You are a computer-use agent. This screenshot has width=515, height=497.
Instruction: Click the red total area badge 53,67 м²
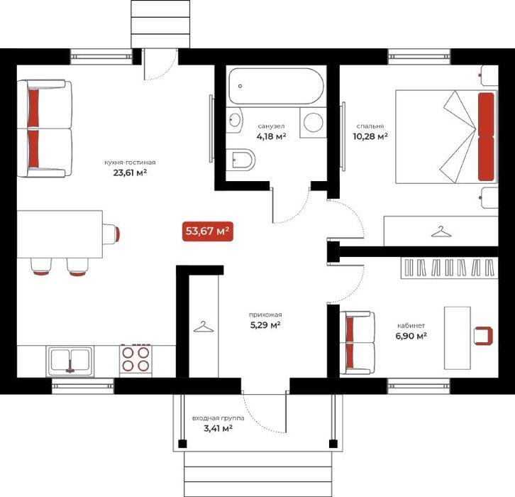pyautogui.click(x=208, y=231)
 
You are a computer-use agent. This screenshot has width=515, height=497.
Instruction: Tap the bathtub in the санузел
pyautogui.click(x=276, y=86)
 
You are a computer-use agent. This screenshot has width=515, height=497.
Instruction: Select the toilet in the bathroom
pyautogui.click(x=240, y=160)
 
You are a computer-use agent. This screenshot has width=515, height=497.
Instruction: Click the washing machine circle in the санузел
pyautogui.click(x=314, y=122)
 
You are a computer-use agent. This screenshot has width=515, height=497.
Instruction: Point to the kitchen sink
pyautogui.click(x=70, y=361)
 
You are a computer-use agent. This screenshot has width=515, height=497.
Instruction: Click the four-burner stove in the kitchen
pyautogui.click(x=135, y=359)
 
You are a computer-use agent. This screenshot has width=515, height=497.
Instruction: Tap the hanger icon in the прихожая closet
pyautogui.click(x=204, y=327)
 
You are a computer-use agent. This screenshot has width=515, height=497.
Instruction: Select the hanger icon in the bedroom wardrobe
pyautogui.click(x=441, y=231)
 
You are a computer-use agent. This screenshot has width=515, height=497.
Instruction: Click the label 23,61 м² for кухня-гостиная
pyautogui.click(x=130, y=173)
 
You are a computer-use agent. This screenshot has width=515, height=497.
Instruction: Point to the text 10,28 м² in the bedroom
pyautogui.click(x=370, y=136)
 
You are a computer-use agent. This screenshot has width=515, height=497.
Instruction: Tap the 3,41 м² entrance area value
pyautogui.click(x=218, y=429)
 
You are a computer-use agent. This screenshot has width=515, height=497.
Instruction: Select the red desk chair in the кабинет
pyautogui.click(x=484, y=336)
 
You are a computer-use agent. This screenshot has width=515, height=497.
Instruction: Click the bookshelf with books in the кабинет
pyautogui.click(x=450, y=268)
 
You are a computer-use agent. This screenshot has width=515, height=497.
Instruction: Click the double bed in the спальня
pyautogui.click(x=447, y=137)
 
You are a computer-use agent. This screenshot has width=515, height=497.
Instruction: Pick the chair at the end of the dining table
pyautogui.click(x=111, y=234)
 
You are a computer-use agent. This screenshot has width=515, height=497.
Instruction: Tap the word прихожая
pyautogui.click(x=265, y=315)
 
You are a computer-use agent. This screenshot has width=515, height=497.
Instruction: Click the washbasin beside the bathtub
pyautogui.click(x=234, y=120)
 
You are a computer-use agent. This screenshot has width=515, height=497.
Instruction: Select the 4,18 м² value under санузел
pyautogui.click(x=271, y=136)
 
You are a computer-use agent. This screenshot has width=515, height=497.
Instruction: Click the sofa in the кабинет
pyautogui.click(x=357, y=343)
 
